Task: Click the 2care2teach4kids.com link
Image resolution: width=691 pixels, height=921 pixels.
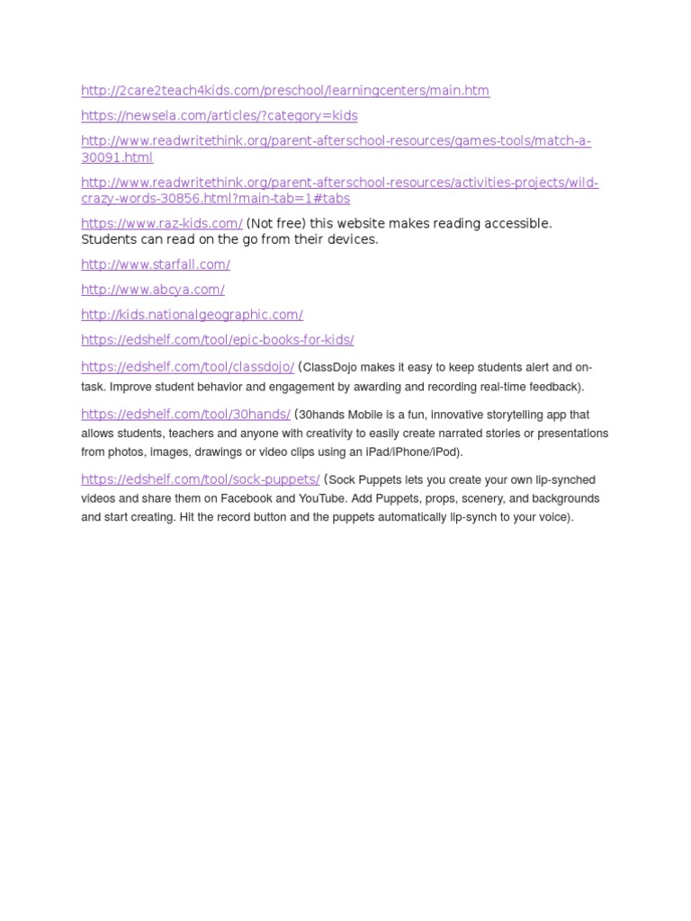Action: [x=285, y=91]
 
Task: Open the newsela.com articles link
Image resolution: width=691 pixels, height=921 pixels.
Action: [x=219, y=116]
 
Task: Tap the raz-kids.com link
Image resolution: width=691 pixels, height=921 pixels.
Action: [x=162, y=224]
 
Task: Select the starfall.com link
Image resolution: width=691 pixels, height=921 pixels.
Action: [x=156, y=265]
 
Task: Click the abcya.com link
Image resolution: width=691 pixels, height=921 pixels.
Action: [x=153, y=291]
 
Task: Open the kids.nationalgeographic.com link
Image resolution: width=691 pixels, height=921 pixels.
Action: [x=192, y=316]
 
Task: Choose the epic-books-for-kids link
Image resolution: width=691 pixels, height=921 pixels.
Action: [x=217, y=341]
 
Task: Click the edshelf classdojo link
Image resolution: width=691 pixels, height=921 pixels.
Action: [x=187, y=368]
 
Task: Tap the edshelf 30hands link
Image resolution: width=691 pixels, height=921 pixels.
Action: [x=185, y=415]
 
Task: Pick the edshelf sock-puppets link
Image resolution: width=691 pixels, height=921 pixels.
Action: [x=200, y=480]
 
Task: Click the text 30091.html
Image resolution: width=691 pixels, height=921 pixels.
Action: [x=117, y=158]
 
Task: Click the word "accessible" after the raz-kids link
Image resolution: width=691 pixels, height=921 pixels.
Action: [x=514, y=224]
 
